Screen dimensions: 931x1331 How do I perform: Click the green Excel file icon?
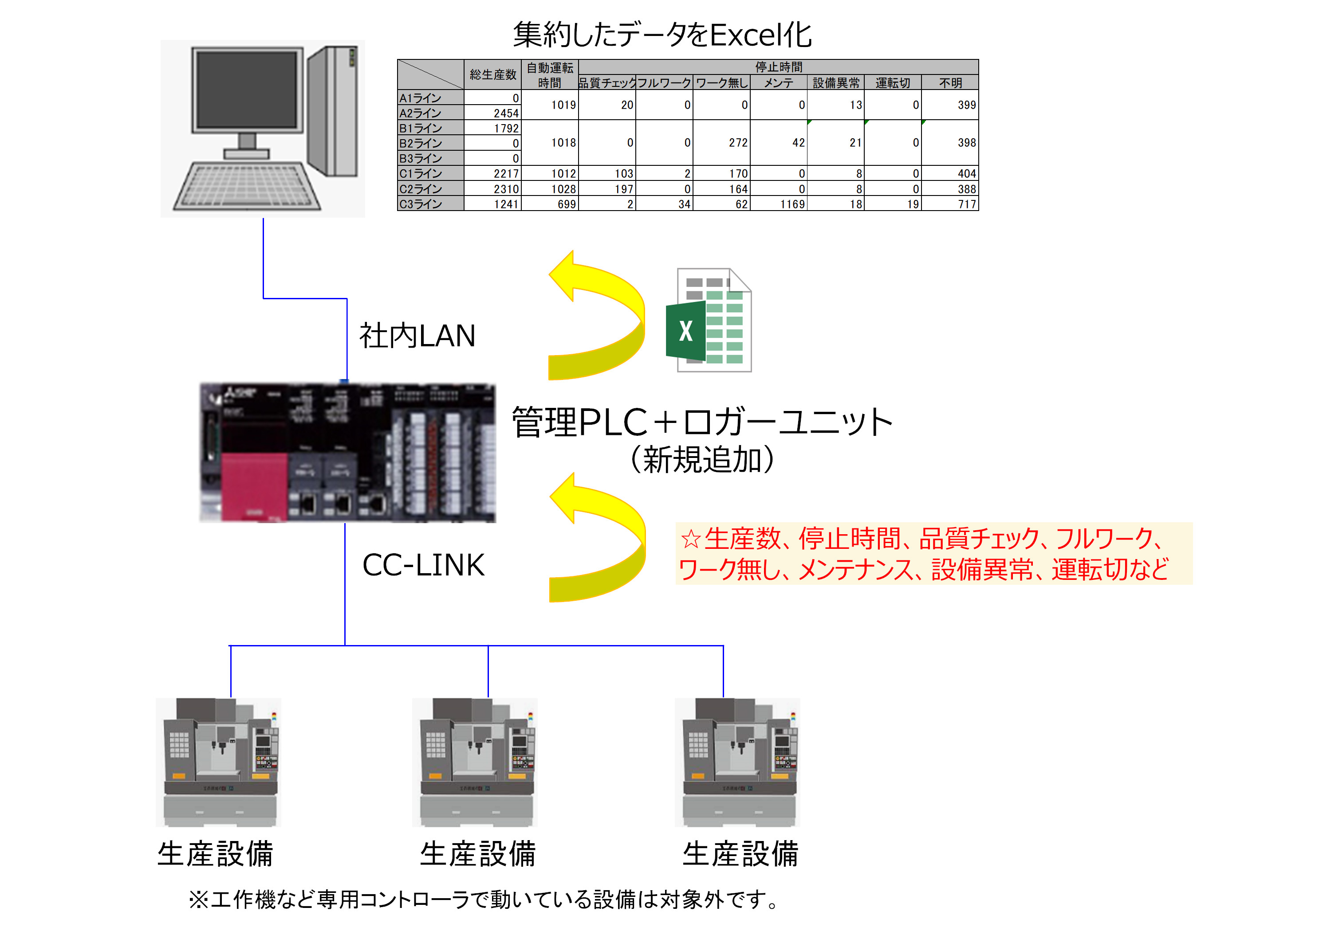pos(709,321)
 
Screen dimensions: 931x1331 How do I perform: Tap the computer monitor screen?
pos(248,90)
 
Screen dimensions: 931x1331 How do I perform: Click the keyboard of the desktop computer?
pos(247,185)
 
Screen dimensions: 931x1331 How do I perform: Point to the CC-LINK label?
pos(423,565)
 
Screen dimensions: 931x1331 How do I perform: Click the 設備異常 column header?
pos(835,83)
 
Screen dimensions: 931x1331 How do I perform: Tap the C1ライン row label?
pos(430,173)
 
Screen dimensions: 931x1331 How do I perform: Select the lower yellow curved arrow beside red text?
pos(597,539)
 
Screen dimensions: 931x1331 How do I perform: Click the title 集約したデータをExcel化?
pos(662,35)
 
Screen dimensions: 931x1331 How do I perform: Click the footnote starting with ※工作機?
pos(484,900)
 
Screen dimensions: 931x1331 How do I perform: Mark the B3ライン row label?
pos(430,158)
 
